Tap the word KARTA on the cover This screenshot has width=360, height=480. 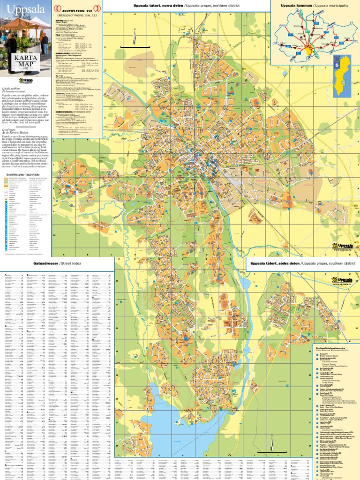[x=25, y=59]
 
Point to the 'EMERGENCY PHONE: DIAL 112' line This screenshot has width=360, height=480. [x=78, y=15]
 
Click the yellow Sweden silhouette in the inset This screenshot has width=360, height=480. [x=346, y=75]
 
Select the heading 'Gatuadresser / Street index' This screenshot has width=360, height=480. [x=57, y=264]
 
